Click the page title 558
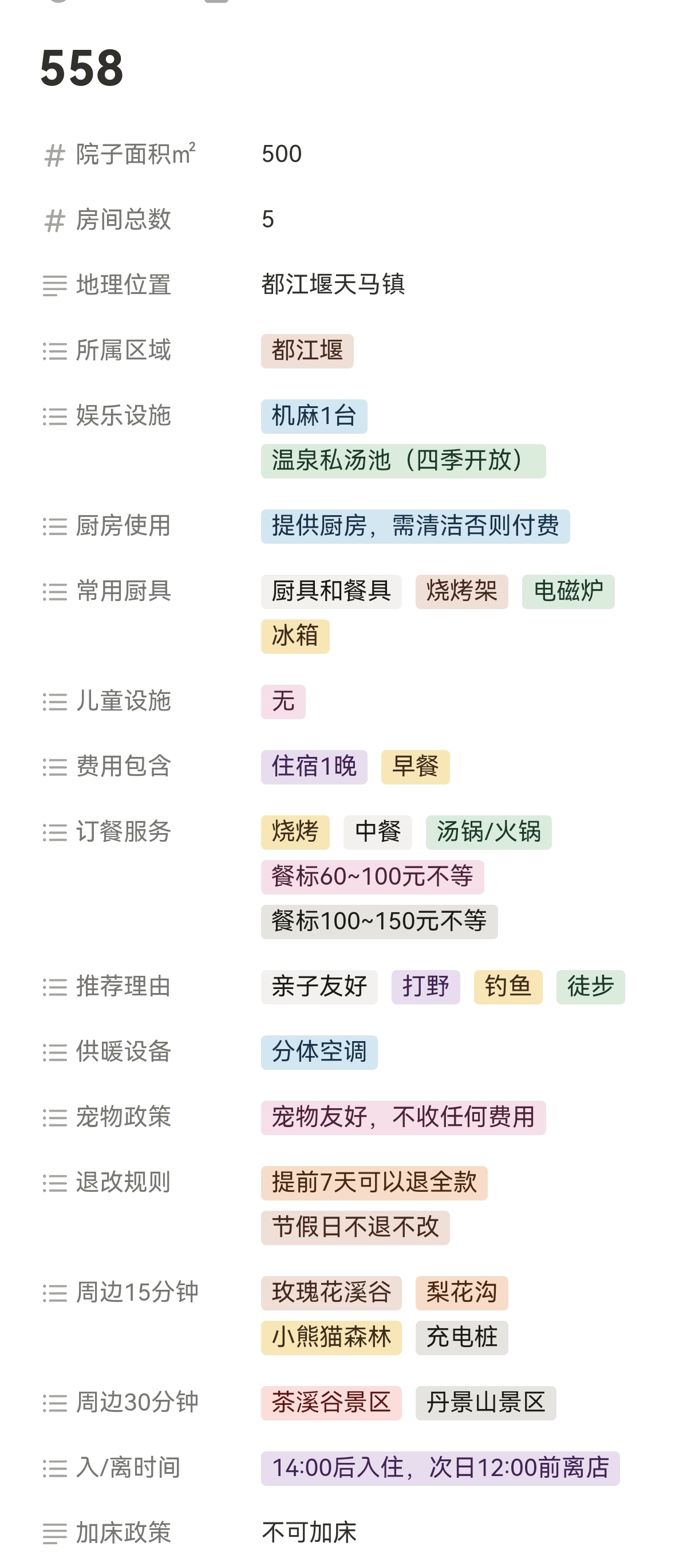[x=82, y=68]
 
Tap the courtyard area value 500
[x=281, y=154]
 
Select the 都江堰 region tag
[x=307, y=351]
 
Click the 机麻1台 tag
[x=313, y=417]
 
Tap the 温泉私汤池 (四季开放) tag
[x=402, y=461]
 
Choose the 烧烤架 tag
[x=461, y=591]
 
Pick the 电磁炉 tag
[x=567, y=591]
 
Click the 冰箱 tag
[x=295, y=636]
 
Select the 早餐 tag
[x=415, y=767]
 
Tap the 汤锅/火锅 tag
[x=488, y=831]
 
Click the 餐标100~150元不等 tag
[x=378, y=921]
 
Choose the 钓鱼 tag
[x=507, y=987]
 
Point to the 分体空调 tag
[x=319, y=1051]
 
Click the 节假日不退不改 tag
[x=355, y=1227]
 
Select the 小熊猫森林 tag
[x=331, y=1337]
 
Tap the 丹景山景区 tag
[x=485, y=1403]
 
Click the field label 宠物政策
[x=123, y=1117]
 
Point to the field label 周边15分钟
[x=137, y=1293]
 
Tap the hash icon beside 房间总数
[x=54, y=220]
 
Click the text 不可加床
[x=309, y=1533]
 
